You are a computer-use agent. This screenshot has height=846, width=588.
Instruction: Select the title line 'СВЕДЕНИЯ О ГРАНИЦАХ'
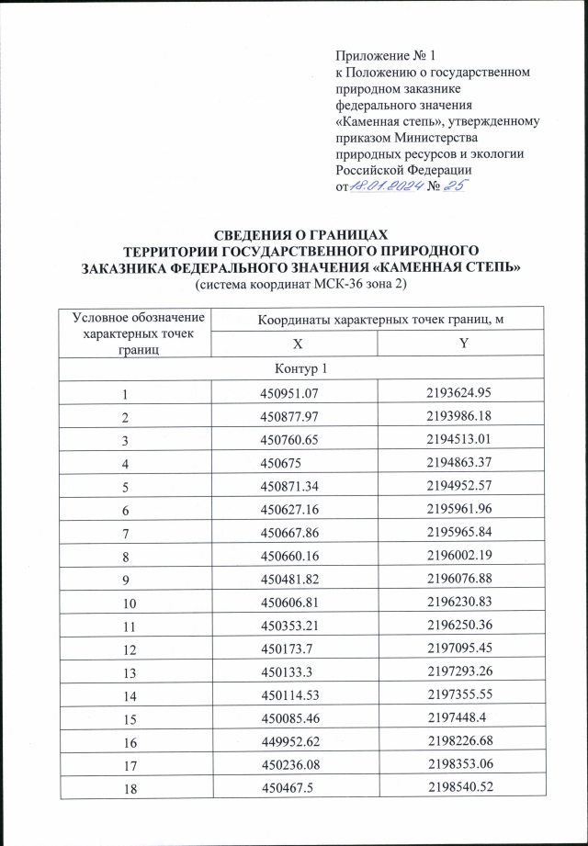(300, 234)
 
